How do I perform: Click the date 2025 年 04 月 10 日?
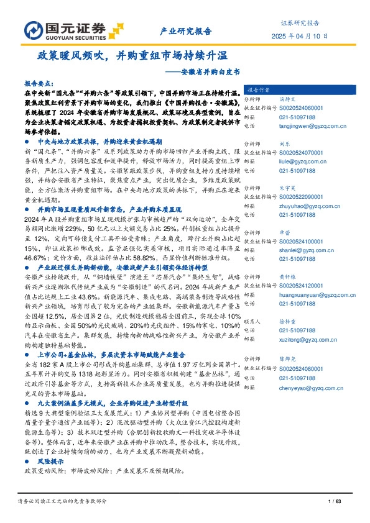coord(300,36)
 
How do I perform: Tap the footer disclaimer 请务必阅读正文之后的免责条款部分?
coord(62,501)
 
